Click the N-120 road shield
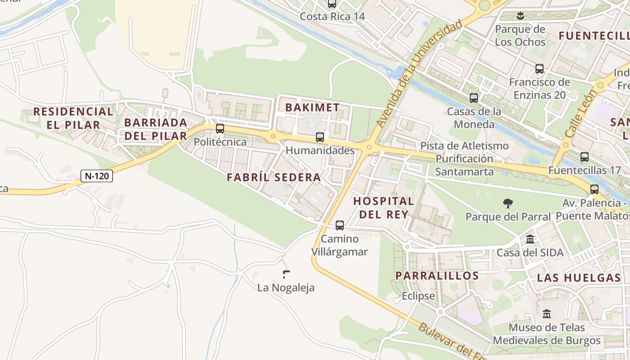(x=97, y=176)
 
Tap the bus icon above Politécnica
(x=220, y=129)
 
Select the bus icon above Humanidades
(x=320, y=137)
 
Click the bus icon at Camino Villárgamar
(x=340, y=225)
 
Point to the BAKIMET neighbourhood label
(x=312, y=108)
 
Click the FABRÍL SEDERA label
(x=274, y=177)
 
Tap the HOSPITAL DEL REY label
(x=383, y=207)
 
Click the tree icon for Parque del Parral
(x=508, y=203)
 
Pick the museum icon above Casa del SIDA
(x=530, y=239)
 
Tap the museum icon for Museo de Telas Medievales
(x=547, y=314)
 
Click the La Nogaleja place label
(x=286, y=288)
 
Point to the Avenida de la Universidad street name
(x=419, y=74)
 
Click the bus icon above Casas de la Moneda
(x=474, y=98)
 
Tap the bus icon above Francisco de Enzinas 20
(x=540, y=69)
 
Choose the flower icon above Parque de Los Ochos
(x=520, y=16)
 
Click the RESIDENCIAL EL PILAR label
(x=73, y=118)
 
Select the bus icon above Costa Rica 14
(x=332, y=4)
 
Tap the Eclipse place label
(x=418, y=296)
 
